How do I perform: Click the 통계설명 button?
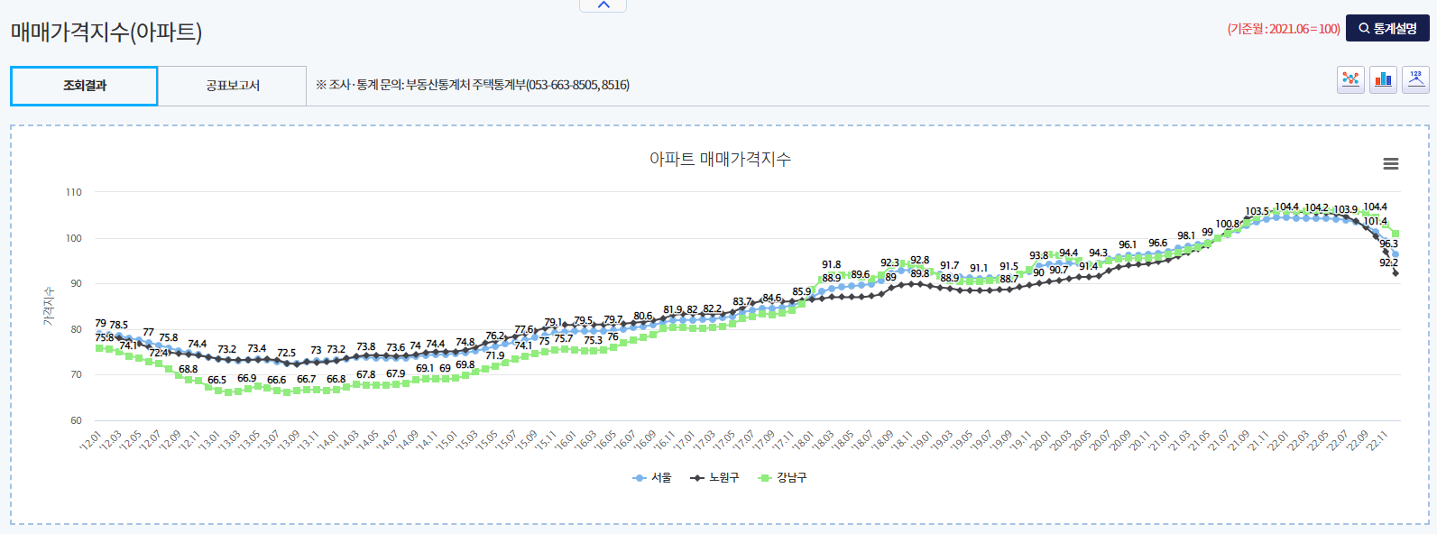[1387, 29]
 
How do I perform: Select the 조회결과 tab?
[84, 86]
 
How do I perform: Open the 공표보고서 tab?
[233, 86]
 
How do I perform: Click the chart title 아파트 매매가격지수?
[720, 160]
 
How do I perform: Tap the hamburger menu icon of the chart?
[1390, 164]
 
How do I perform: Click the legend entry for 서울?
[653, 478]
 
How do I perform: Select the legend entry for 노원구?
[715, 478]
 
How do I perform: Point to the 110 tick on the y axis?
[74, 192]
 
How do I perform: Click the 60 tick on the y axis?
[75, 420]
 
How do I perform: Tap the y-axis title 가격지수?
[49, 307]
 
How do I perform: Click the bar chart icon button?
[1383, 79]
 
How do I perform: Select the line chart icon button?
[1350, 79]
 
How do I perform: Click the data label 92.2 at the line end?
[1388, 262]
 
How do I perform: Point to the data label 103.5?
[1257, 212]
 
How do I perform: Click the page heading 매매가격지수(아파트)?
[106, 32]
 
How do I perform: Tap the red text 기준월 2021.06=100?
[1283, 29]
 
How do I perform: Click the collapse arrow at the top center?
[603, 5]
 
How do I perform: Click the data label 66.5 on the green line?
[216, 380]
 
